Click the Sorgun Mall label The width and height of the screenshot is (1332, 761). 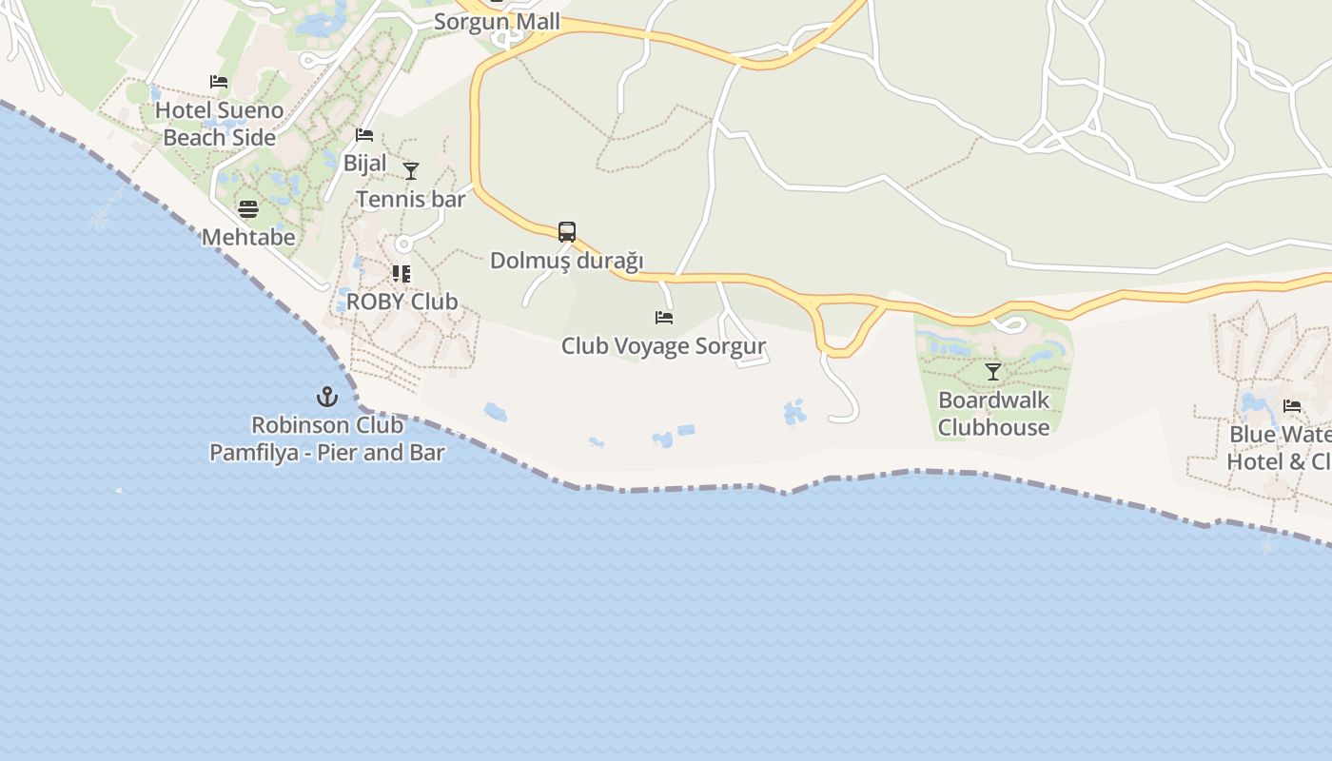coord(497,21)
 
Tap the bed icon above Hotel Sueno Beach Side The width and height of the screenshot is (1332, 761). coord(219,82)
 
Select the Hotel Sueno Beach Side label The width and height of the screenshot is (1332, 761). coord(220,124)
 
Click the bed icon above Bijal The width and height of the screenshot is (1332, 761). coord(364,135)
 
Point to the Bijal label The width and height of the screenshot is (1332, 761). coord(365,163)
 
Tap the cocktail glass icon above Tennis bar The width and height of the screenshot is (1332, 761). coord(411,171)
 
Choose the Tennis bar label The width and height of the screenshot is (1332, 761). coord(411,199)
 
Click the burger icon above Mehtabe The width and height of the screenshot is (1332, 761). coord(248,209)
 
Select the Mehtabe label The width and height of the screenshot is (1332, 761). coord(248,237)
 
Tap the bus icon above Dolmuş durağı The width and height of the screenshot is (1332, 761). coord(567,232)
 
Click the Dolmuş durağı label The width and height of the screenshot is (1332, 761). coord(567,260)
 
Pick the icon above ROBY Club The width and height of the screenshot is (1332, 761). coord(402,274)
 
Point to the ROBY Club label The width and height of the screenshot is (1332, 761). coord(402,302)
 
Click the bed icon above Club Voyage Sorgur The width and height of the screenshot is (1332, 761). coord(664,318)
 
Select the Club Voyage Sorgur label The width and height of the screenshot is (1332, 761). coord(663,345)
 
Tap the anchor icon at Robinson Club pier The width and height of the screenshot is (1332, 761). coord(327,397)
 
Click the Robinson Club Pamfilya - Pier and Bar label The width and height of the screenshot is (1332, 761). coord(327,439)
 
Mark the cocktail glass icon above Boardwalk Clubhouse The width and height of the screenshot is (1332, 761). coord(993,372)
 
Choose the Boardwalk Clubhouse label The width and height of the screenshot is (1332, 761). coord(993,414)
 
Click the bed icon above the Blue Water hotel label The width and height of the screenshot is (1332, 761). coord(1292,406)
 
